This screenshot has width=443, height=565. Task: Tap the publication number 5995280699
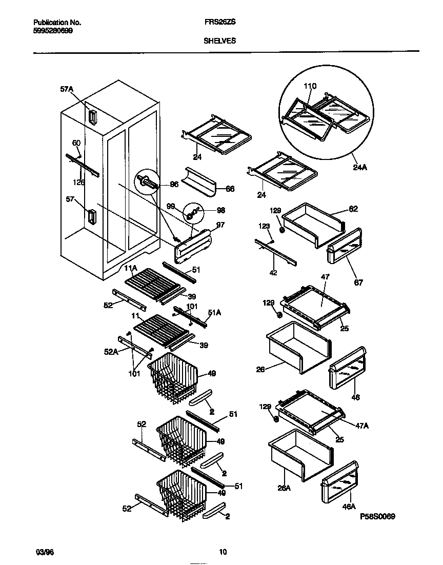[x=53, y=31]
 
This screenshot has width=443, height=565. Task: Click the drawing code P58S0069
[x=377, y=517]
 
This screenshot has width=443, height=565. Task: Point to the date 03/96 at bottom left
[x=44, y=552]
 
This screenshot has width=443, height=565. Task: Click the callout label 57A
[x=67, y=89]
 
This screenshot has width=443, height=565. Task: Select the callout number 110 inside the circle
[x=310, y=86]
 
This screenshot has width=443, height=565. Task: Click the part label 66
[x=230, y=189]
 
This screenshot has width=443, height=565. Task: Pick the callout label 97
[x=220, y=225]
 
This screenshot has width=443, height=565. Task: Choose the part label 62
[x=353, y=209]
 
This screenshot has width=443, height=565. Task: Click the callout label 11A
[x=130, y=268]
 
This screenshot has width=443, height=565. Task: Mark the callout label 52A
[x=111, y=352]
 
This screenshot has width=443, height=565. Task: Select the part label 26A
[x=284, y=488]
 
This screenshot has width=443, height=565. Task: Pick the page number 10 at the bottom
[x=223, y=552]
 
